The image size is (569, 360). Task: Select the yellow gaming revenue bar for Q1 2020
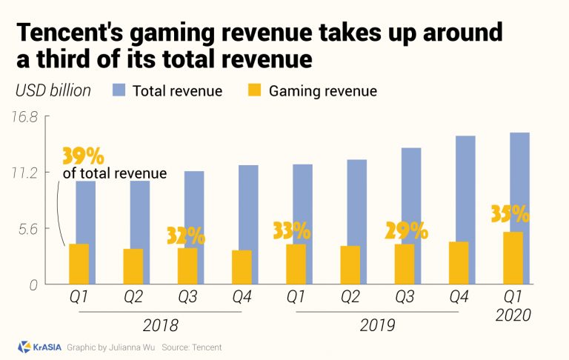coord(513,258)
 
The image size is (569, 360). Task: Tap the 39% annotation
coord(82,156)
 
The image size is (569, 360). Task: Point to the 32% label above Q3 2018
coord(185,236)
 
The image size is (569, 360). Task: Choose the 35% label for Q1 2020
coord(510,214)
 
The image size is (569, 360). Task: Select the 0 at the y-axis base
coord(33,284)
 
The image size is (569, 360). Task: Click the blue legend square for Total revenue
coord(120,91)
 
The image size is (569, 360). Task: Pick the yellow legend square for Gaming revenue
coord(252,91)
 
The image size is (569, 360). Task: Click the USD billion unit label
coord(53,91)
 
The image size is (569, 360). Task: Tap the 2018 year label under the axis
coord(161,324)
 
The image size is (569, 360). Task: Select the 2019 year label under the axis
coord(376,324)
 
